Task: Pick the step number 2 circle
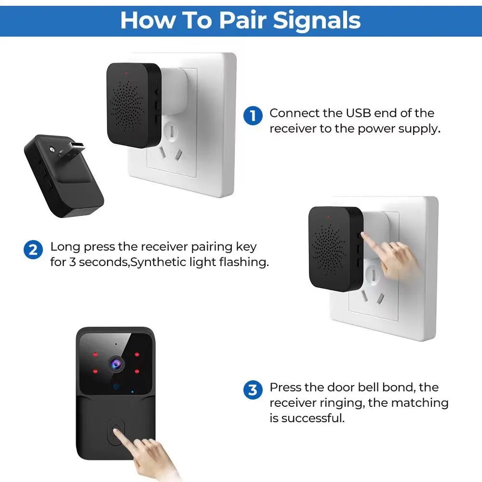33,250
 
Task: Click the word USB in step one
358,113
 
